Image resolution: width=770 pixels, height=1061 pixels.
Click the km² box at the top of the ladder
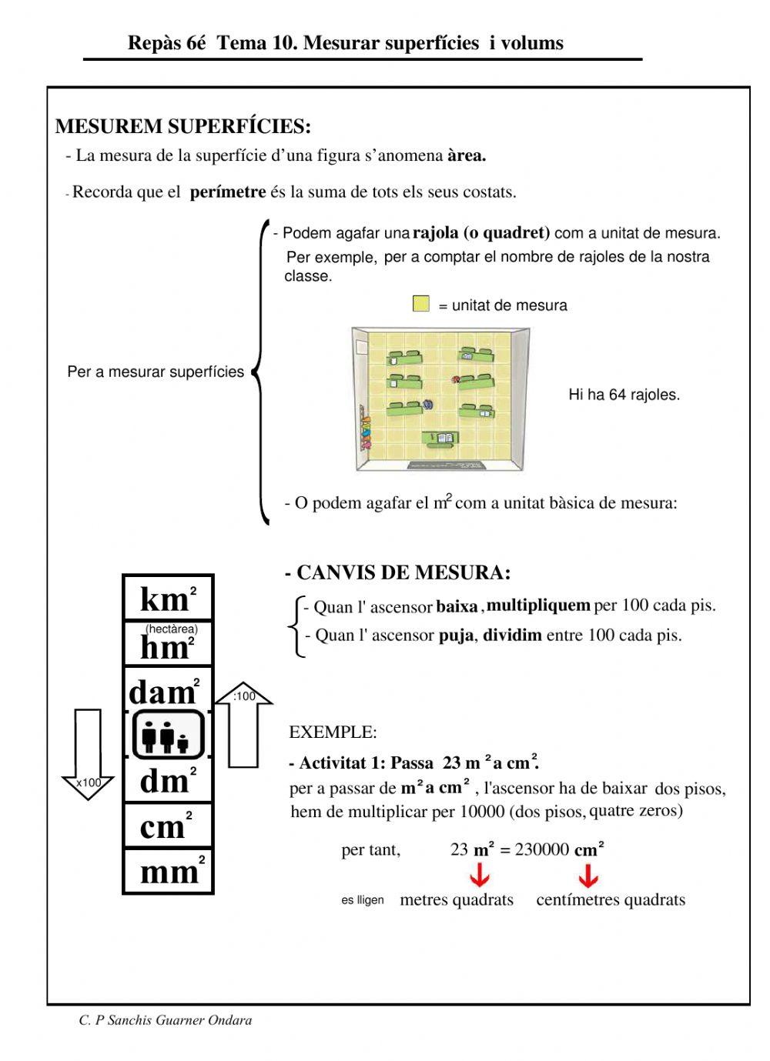168,598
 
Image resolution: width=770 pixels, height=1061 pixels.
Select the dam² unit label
164,691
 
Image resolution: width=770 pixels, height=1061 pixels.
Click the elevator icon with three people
168,735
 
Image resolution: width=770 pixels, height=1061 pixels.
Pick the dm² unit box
168,780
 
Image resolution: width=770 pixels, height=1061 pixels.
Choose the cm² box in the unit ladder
168,826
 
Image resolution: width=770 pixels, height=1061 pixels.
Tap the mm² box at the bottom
168,872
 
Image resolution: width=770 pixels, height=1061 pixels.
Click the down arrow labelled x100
88,754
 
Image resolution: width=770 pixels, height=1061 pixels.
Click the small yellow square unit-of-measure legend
420,304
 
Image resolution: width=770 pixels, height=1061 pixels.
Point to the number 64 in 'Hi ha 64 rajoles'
617,395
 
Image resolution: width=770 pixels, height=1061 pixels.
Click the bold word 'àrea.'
467,156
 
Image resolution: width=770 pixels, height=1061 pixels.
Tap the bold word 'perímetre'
228,192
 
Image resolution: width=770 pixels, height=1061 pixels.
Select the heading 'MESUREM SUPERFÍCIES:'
183,126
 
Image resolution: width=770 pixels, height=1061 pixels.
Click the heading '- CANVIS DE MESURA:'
397,573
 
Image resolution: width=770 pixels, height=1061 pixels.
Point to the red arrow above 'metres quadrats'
480,876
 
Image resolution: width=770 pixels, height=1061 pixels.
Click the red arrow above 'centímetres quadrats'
588,876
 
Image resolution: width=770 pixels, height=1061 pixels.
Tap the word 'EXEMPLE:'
333,732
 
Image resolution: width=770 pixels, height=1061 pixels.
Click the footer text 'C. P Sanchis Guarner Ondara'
166,1021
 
